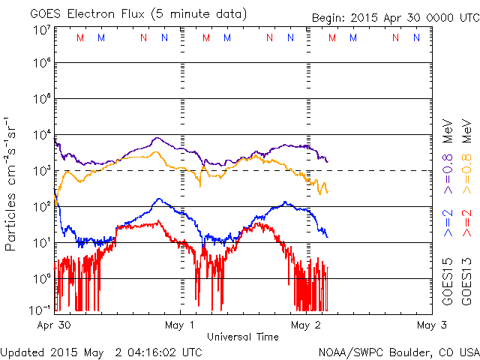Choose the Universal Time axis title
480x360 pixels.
(x=243, y=337)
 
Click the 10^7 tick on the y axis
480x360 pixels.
(x=41, y=30)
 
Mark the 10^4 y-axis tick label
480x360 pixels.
(x=41, y=135)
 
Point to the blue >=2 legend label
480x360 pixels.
(x=448, y=223)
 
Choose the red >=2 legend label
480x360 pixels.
(x=466, y=223)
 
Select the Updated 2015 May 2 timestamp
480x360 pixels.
(x=101, y=351)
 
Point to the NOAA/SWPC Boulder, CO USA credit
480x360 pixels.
(x=397, y=351)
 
